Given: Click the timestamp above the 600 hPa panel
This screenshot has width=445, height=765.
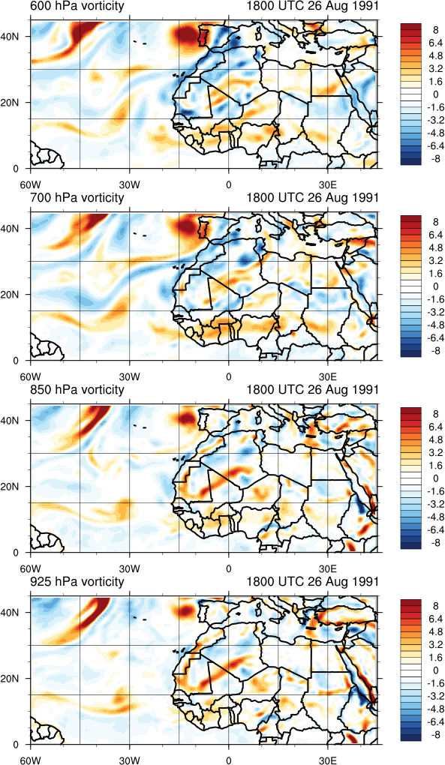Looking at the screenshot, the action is click(312, 6).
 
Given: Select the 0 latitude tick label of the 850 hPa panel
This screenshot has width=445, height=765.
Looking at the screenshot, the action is click(16, 553).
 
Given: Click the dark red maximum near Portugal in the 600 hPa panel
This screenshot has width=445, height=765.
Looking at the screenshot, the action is click(186, 35).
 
